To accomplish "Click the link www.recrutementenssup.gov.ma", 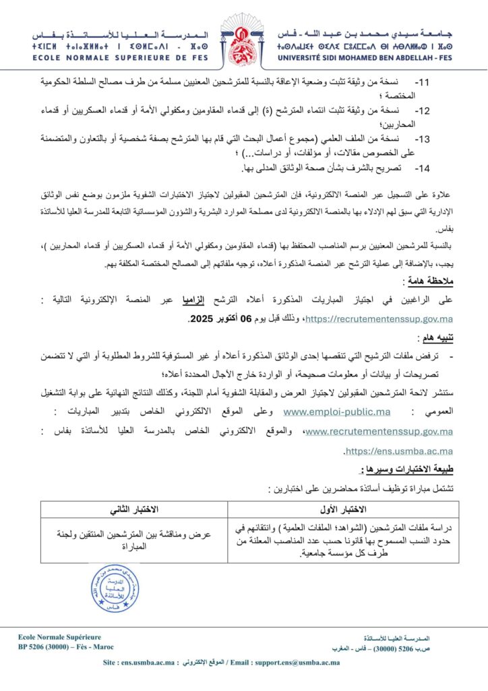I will coord(379,431).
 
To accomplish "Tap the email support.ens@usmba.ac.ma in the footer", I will coord(297,662).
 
